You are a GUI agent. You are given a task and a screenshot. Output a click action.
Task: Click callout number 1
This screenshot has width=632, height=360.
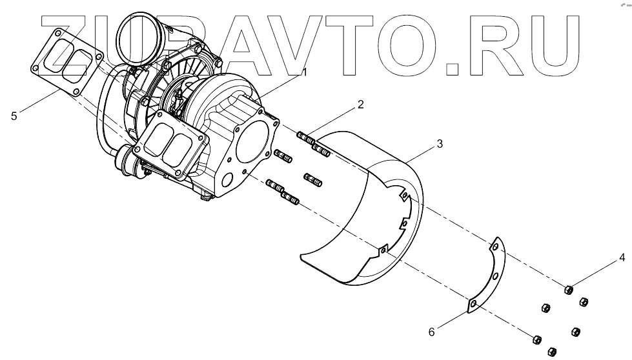click(x=304, y=72)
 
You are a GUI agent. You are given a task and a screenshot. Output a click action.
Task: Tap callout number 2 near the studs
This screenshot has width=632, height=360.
click(x=360, y=104)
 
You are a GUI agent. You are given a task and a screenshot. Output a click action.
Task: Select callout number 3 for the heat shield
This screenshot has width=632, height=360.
click(x=439, y=144)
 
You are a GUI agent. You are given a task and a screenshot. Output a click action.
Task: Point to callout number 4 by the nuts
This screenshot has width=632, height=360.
click(x=622, y=258)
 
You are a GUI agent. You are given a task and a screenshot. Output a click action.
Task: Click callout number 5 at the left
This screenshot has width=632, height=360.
click(x=13, y=116)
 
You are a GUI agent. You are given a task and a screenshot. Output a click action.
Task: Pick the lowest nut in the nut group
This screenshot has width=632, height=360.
click(x=551, y=351)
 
